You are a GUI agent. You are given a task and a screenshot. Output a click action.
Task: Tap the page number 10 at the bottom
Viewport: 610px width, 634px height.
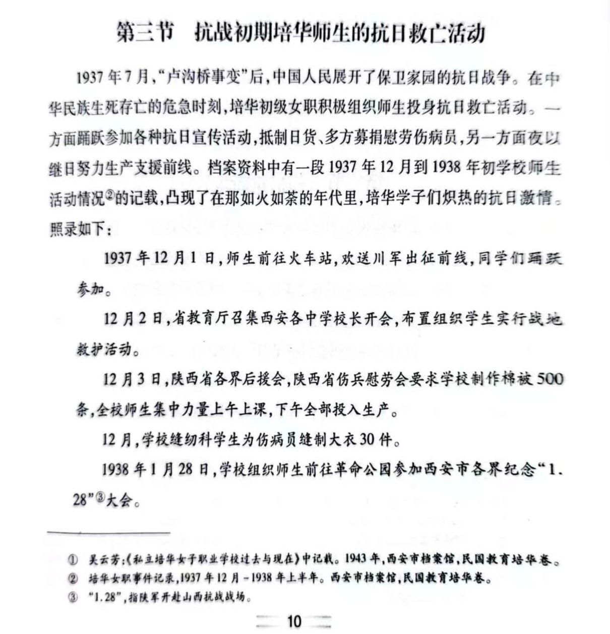pos(293,621)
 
